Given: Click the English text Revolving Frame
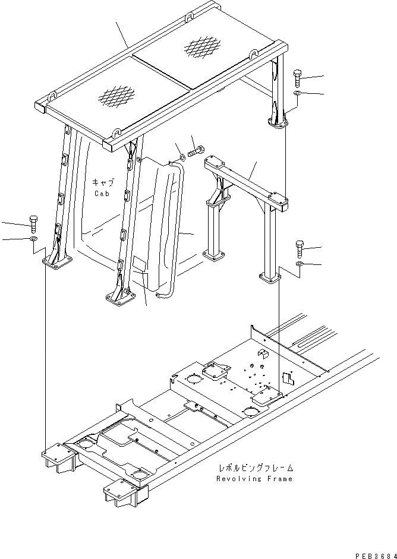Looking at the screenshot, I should coord(254,478).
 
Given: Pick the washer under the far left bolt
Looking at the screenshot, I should coord(34,239).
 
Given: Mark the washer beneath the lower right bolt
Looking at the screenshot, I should coord(300,263).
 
